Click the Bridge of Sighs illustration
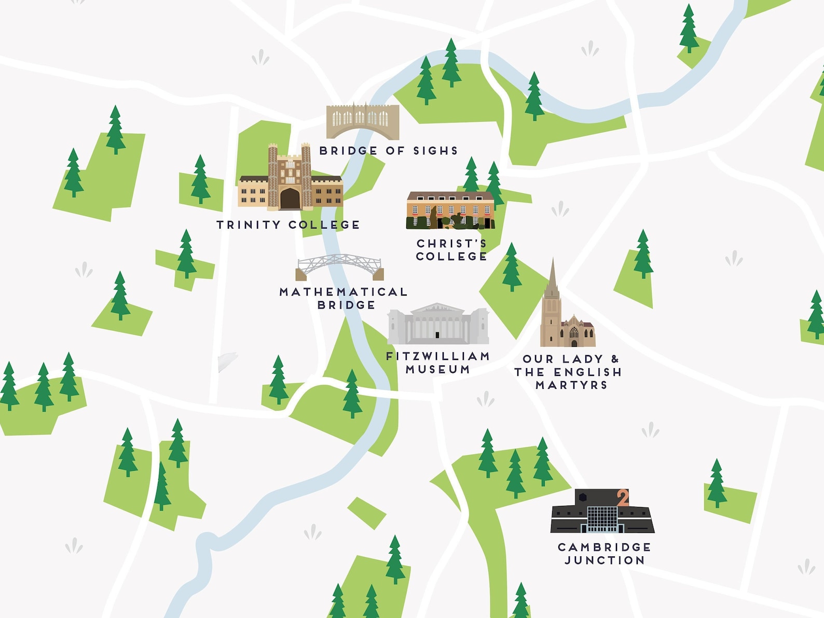click(x=363, y=121)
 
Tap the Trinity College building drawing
click(x=290, y=181)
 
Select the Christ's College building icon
click(x=450, y=210)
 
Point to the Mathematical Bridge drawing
click(x=340, y=266)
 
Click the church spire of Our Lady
click(x=552, y=280)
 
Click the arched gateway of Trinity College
click(x=290, y=198)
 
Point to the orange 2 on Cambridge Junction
click(x=623, y=498)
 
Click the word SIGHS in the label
click(x=435, y=151)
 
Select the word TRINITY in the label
click(x=248, y=225)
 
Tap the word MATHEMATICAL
click(x=343, y=292)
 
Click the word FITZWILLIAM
click(x=438, y=356)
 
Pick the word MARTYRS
click(x=571, y=385)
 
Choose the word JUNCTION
click(x=605, y=560)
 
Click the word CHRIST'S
click(x=451, y=244)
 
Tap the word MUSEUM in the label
click(x=438, y=370)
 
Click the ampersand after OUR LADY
click(x=615, y=359)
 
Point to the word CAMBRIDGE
click(x=605, y=547)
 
